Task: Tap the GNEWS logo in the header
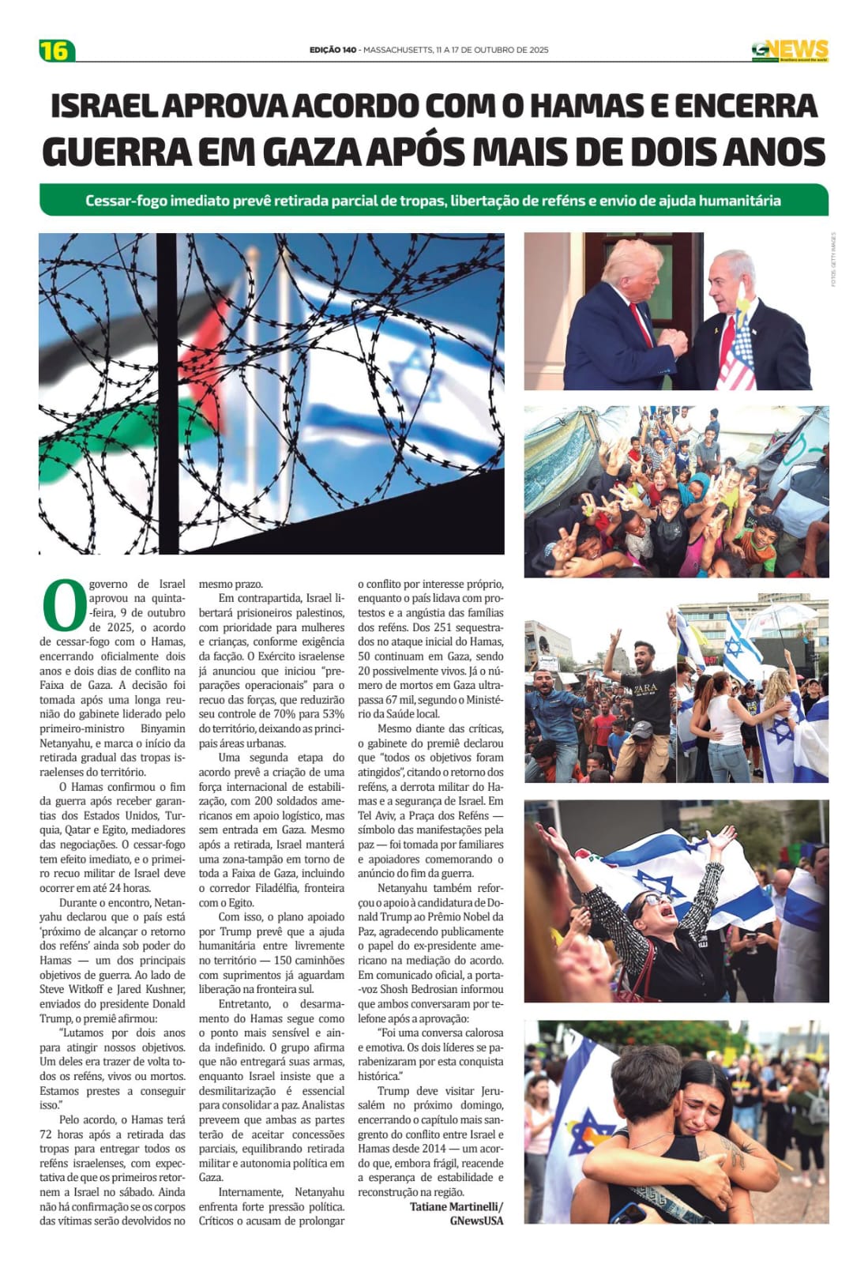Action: click(789, 50)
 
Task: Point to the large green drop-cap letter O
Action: click(62, 605)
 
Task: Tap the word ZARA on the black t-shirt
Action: click(646, 688)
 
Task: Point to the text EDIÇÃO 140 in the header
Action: click(333, 50)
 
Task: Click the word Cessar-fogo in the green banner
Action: click(122, 201)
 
